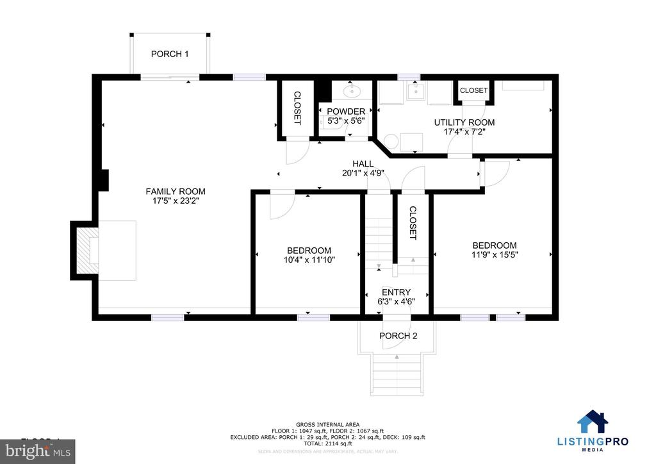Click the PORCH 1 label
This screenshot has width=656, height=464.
(170, 54)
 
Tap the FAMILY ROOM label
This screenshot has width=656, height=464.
(176, 191)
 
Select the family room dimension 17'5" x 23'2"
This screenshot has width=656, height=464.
(176, 201)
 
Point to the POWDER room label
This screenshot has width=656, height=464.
(346, 111)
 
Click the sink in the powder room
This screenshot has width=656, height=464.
(352, 92)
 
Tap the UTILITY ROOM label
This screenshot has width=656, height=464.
(464, 122)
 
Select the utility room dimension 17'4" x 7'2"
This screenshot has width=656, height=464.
(464, 133)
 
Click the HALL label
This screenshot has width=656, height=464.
(367, 163)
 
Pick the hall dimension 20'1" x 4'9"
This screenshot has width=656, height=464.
(367, 173)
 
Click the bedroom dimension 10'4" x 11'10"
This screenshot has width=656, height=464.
(309, 260)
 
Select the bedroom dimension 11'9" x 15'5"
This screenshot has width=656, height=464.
(494, 254)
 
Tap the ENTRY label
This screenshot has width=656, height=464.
(397, 292)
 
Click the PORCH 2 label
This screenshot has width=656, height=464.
(398, 336)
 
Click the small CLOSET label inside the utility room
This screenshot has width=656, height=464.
(473, 91)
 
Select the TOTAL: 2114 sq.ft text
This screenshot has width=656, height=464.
(327, 443)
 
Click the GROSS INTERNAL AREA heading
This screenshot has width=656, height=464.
(327, 424)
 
